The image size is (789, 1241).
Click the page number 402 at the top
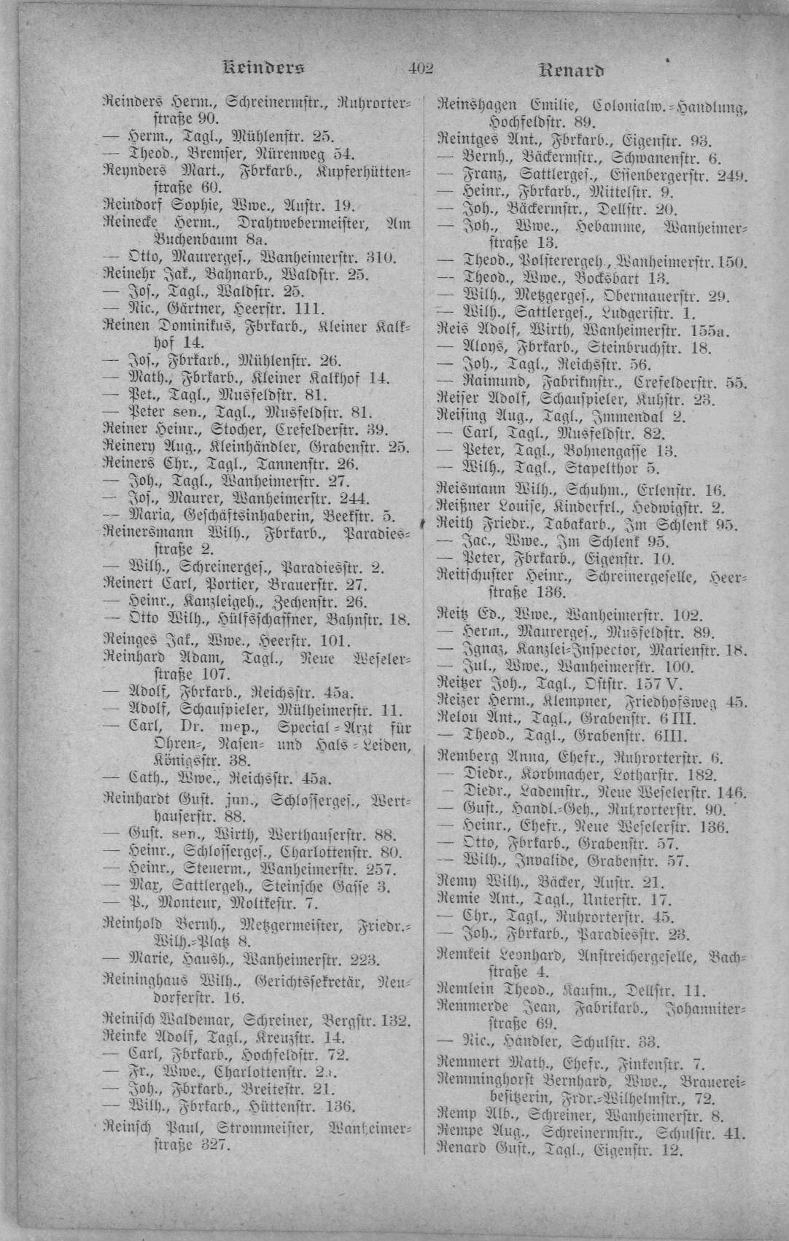[x=421, y=70]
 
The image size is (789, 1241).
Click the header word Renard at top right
[x=572, y=71]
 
